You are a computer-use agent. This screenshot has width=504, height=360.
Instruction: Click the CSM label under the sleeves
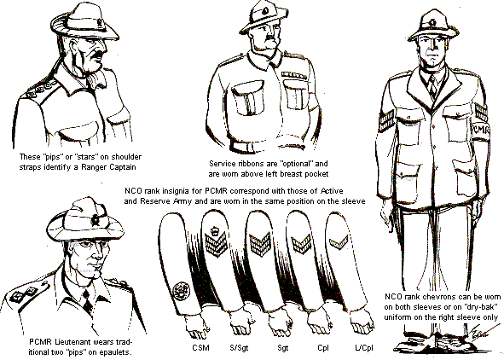coord(200,347)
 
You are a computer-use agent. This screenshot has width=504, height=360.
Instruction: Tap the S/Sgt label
coord(239,347)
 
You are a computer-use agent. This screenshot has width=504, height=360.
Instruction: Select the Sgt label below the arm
coord(283,348)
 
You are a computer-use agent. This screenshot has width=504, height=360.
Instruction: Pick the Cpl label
coord(323,348)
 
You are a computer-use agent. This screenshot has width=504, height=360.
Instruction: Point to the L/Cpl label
coord(364,348)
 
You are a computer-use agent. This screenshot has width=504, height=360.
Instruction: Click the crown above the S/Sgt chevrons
coord(213,230)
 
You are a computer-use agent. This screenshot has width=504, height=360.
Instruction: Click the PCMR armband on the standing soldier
coord(480,131)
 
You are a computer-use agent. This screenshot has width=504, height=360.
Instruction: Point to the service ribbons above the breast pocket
coord(293,75)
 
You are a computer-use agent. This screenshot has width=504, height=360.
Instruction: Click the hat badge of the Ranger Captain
coord(99,23)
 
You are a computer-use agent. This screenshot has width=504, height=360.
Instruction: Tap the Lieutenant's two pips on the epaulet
coord(23,294)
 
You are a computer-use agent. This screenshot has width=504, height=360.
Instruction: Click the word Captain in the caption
coord(123,167)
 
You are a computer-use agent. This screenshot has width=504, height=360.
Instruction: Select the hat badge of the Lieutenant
coord(96,220)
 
